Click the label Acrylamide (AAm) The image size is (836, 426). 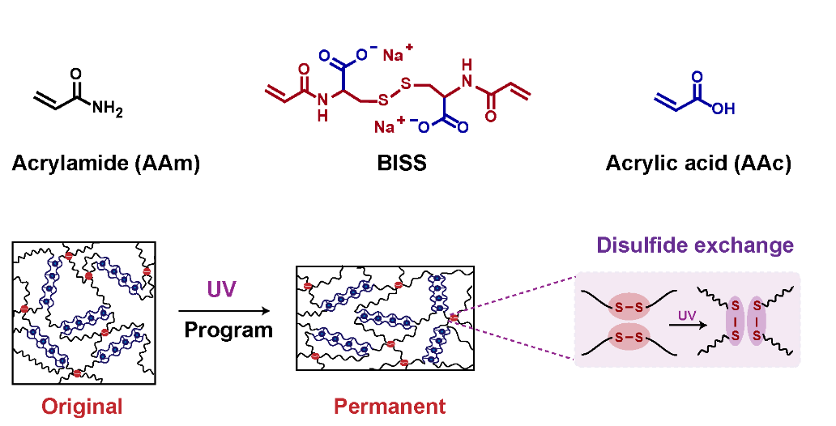(x=105, y=163)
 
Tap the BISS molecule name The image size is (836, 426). (x=402, y=163)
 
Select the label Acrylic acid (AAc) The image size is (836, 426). (x=698, y=163)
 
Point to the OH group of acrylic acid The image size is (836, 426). (x=723, y=109)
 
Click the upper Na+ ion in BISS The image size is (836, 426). (x=397, y=53)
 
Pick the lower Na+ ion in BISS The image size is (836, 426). (x=389, y=126)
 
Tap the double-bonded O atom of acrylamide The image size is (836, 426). (x=75, y=74)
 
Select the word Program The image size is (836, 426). (x=228, y=330)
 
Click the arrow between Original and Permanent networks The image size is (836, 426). (x=224, y=311)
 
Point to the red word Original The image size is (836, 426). (x=82, y=407)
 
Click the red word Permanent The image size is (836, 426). (x=390, y=407)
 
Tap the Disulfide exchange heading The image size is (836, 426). (x=695, y=245)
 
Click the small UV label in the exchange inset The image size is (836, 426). (x=687, y=316)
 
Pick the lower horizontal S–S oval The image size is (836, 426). (x=629, y=336)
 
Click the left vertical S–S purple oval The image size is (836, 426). (x=736, y=321)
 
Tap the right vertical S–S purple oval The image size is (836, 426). (x=757, y=321)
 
